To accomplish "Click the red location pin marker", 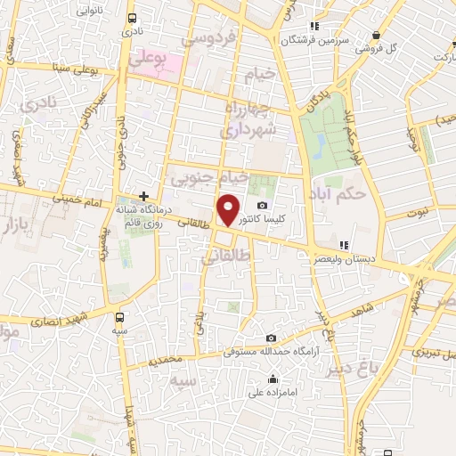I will [x=229, y=210].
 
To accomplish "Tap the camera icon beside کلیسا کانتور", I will [x=262, y=206].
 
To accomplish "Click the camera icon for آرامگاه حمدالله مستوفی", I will [x=271, y=338].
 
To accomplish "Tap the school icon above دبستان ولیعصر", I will [x=344, y=245].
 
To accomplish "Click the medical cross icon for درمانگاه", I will [x=143, y=195].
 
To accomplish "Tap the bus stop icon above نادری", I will [x=132, y=18].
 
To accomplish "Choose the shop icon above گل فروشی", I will [x=378, y=35].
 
